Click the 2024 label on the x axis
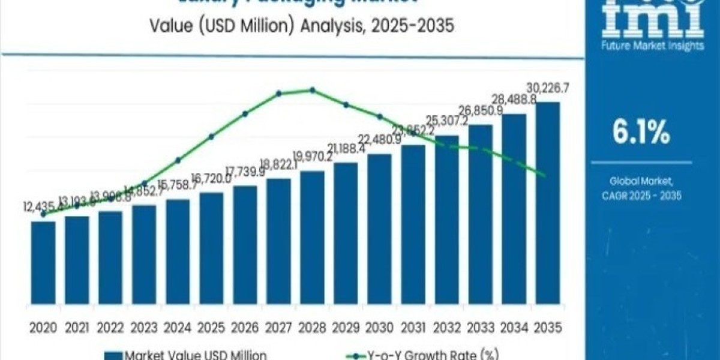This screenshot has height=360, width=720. pos(178,328)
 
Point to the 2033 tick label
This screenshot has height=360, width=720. pos(480,328)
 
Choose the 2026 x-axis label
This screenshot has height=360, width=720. pos(245,328)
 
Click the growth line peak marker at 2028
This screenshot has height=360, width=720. pos(312,90)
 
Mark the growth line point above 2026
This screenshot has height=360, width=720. pos(245,113)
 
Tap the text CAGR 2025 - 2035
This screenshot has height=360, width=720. pos(640,196)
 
